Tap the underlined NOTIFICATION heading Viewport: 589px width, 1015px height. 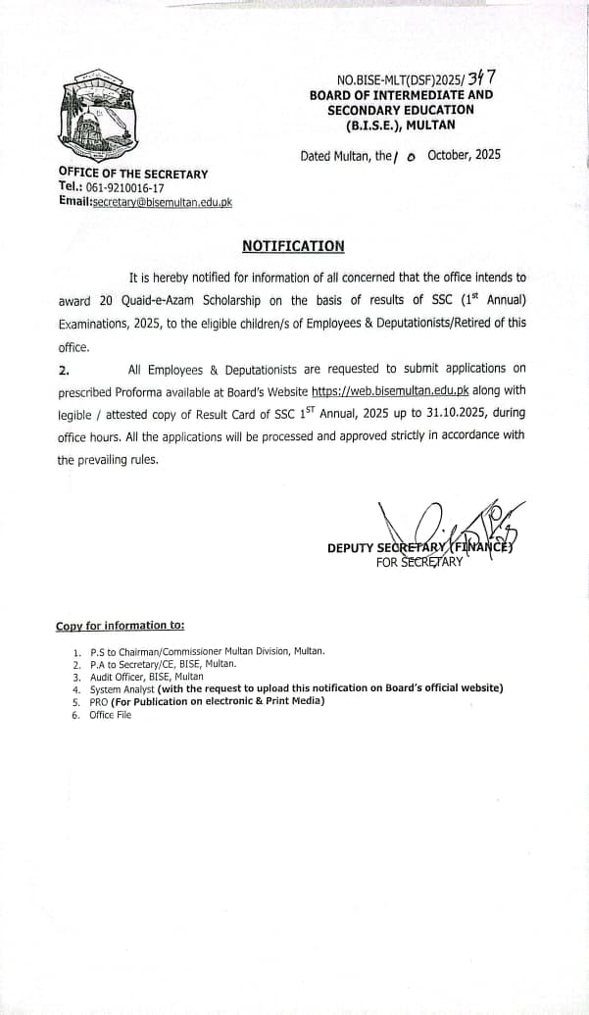point(293,246)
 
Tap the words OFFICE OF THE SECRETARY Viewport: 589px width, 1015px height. point(132,174)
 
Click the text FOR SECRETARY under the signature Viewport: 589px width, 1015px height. point(418,562)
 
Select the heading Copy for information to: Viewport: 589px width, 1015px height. point(120,626)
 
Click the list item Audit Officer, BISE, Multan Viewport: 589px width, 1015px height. point(146,677)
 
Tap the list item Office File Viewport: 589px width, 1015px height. point(110,715)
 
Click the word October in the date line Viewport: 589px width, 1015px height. point(450,155)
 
